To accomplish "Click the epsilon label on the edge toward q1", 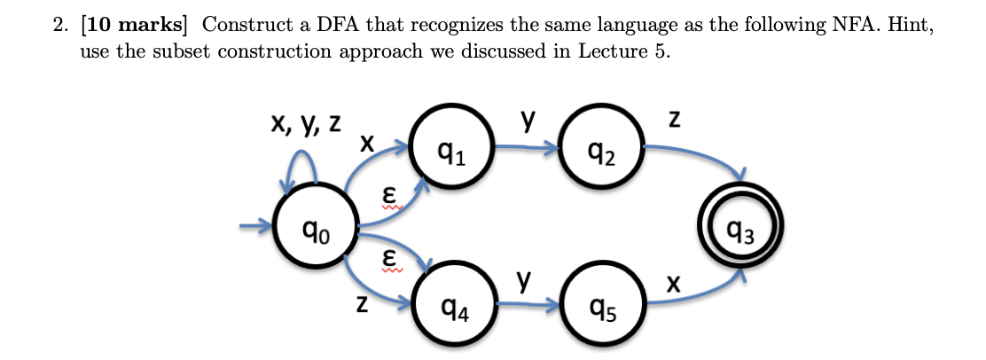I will pos(387,193).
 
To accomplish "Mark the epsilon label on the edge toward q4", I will pos(387,257).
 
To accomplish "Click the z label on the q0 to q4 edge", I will pos(360,304).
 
